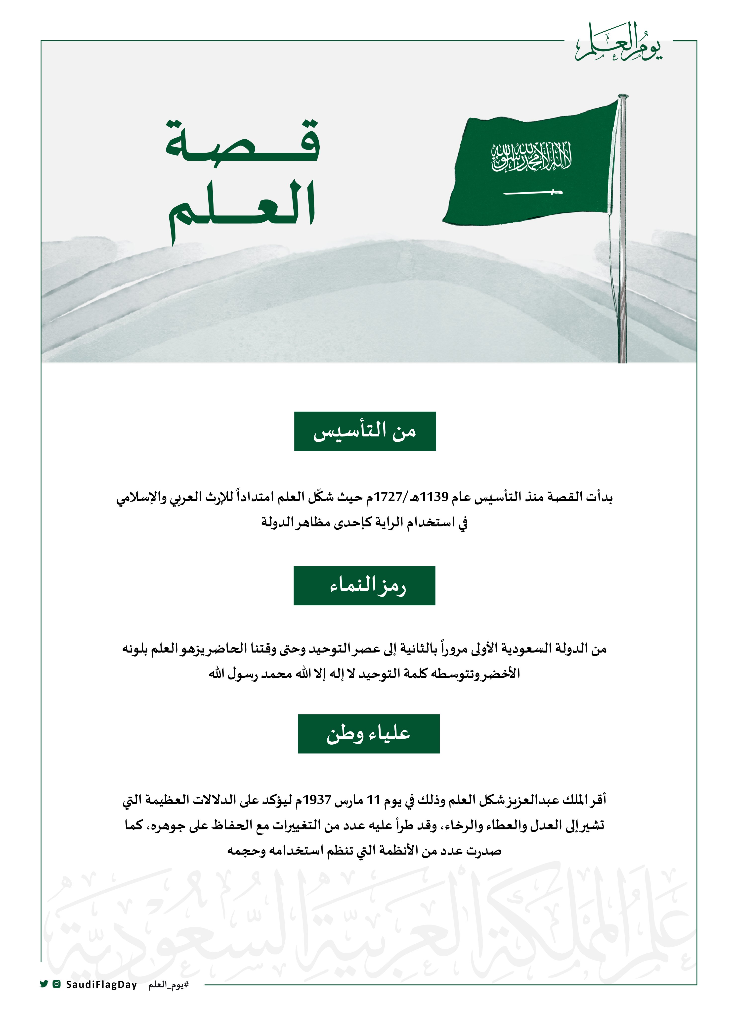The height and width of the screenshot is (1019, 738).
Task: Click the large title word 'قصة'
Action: pyautogui.click(x=242, y=143)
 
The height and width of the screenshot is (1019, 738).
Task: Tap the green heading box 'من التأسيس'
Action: pyautogui.click(x=365, y=431)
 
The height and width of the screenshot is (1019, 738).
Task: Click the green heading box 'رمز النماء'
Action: pyautogui.click(x=364, y=585)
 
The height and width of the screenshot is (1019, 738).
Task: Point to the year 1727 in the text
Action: pyautogui.click(x=388, y=497)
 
